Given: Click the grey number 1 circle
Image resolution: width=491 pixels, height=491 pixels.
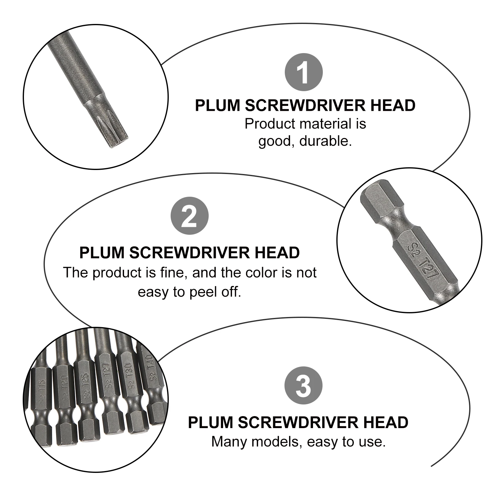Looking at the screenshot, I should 303,72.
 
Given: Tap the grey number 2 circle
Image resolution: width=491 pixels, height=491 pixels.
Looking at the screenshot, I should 189,216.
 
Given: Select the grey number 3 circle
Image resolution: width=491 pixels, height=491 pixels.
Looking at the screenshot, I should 303,385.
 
